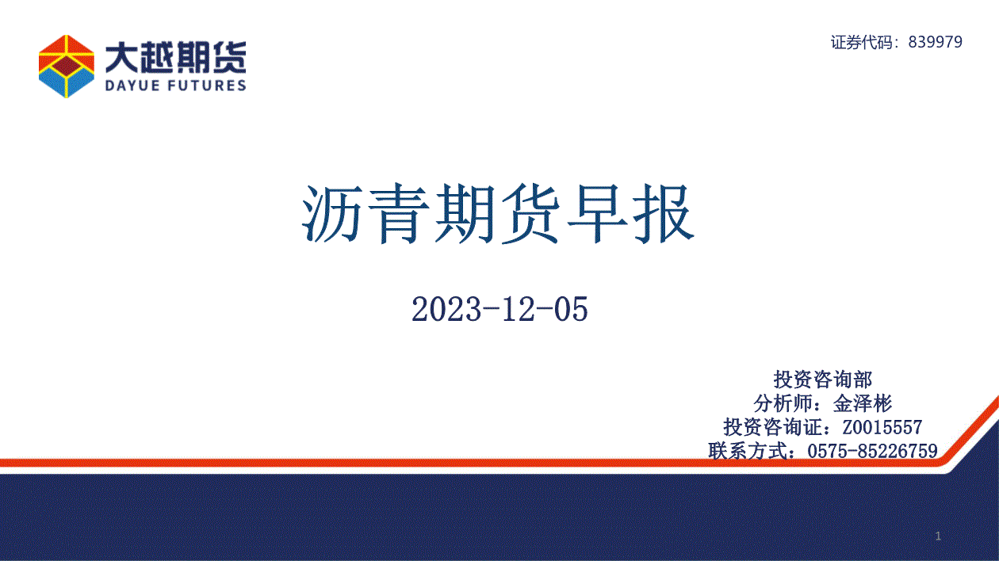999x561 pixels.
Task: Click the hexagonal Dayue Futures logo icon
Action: pos(67,66)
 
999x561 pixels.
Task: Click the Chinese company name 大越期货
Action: pos(175,58)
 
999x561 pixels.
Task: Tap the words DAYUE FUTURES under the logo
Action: pos(175,86)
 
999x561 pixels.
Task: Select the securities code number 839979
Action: pos(936,42)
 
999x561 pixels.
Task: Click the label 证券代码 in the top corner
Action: pos(862,42)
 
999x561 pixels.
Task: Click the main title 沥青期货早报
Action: pos(498,214)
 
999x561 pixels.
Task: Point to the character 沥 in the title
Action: pos(332,214)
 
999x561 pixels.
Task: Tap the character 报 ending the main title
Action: pos(664,214)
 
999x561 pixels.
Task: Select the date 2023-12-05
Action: pos(499,309)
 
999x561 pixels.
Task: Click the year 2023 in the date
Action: pos(446,309)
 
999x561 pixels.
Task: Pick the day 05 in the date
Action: pos(571,309)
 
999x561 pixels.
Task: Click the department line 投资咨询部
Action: pos(823,380)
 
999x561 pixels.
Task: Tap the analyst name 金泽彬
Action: pos(863,403)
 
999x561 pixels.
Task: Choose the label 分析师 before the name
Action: pos(783,403)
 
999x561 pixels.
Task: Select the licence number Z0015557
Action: pos(882,427)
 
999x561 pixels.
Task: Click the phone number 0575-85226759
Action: pos(872,451)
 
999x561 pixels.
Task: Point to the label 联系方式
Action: pos(748,451)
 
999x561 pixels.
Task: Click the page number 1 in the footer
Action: pos(938,536)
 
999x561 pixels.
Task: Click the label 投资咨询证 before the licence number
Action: pos(772,427)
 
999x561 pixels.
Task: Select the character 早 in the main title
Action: pos(598,214)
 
